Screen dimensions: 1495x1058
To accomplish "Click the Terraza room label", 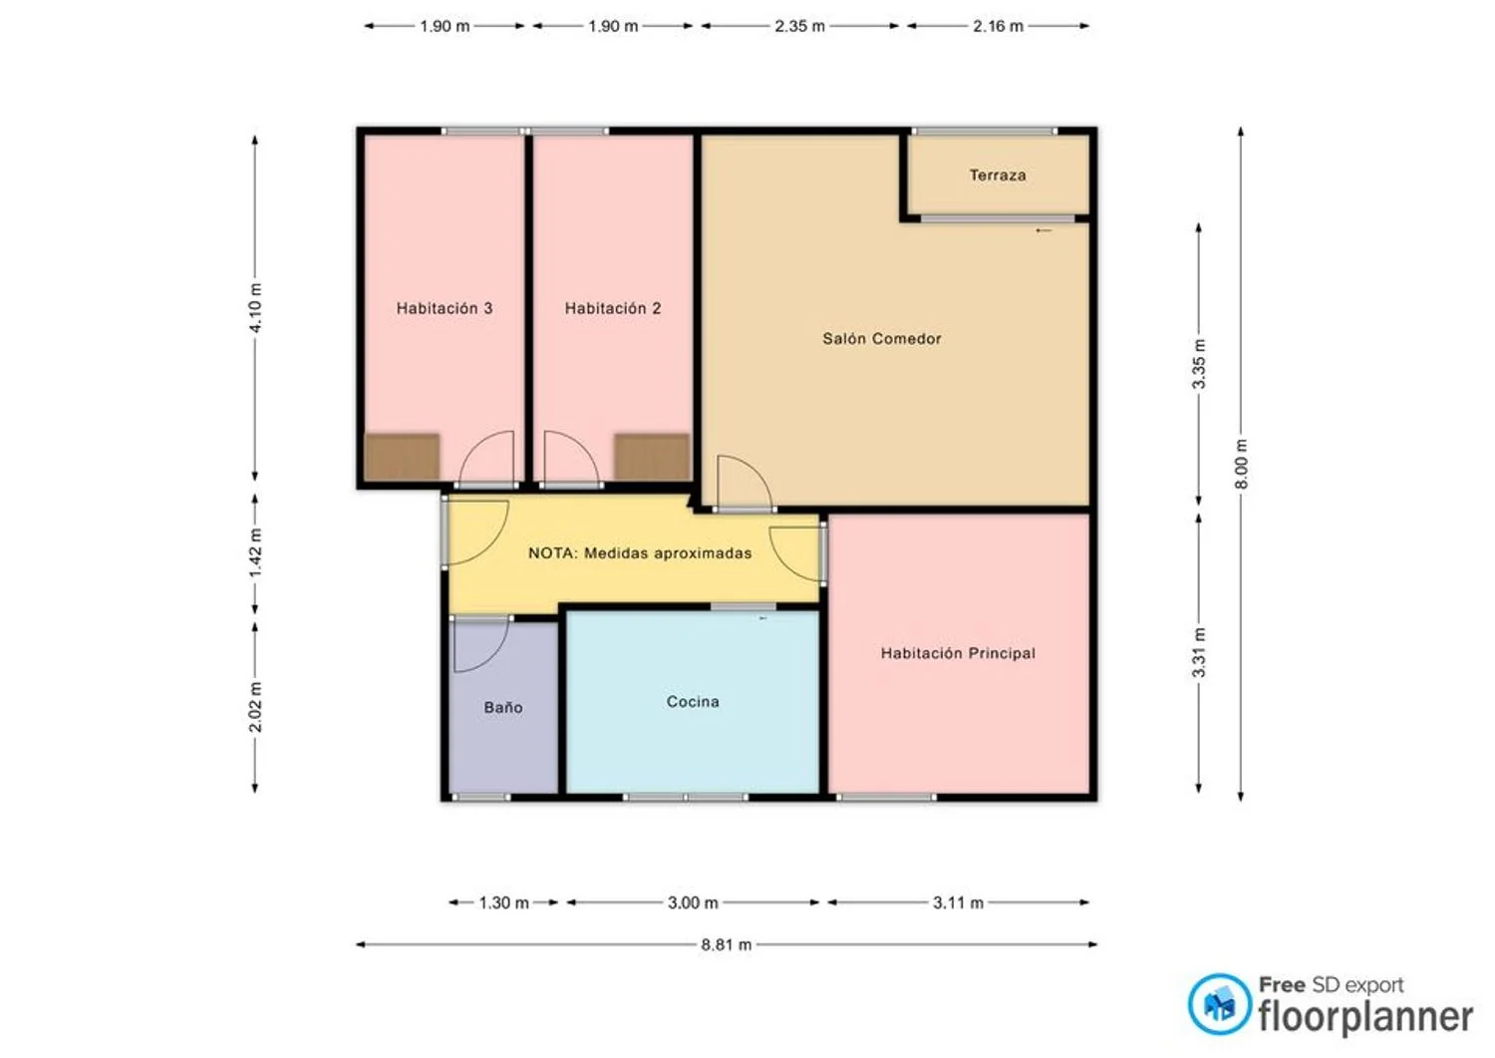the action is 997,175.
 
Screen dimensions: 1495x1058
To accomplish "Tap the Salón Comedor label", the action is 882,339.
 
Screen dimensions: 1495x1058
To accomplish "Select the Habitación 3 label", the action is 445,308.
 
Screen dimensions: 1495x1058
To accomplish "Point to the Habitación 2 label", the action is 613,308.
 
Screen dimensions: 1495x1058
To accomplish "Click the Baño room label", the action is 503,707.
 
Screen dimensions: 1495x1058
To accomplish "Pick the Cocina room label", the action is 693,701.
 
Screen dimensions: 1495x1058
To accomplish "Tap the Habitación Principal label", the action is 958,653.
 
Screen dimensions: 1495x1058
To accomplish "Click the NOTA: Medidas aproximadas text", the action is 640,553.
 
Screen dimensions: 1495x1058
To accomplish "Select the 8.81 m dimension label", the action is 727,944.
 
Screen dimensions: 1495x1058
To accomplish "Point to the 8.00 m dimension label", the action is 1241,464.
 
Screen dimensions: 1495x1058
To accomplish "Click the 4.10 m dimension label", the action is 255,307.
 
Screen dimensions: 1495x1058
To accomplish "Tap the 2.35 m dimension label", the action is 799,26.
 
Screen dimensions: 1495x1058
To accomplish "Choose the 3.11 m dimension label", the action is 958,903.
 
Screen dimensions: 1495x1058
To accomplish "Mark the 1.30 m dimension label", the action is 504,903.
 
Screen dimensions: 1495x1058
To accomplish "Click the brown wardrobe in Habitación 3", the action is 402,457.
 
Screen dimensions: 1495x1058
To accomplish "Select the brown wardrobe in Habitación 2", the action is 652,457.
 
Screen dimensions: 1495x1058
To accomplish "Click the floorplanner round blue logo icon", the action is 1219,1004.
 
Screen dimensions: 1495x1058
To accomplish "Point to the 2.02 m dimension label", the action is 255,707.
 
